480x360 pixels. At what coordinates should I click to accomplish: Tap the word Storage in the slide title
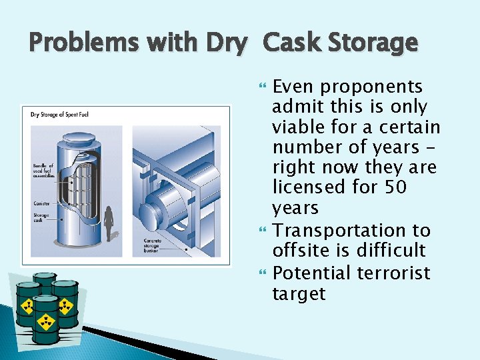click(x=374, y=43)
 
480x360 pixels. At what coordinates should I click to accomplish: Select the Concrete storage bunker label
click(x=153, y=245)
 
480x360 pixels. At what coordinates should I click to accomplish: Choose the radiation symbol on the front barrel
click(x=46, y=322)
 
